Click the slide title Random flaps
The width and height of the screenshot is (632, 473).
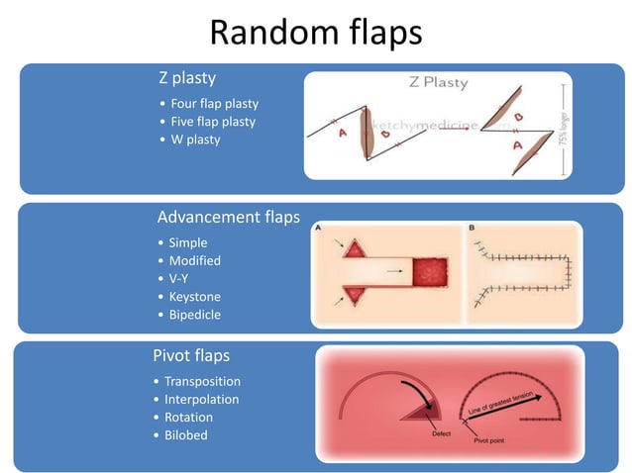tap(316, 32)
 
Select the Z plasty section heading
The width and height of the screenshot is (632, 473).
tap(187, 78)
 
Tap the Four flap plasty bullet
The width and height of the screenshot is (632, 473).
tap(214, 103)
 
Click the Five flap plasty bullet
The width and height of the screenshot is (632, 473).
tap(213, 121)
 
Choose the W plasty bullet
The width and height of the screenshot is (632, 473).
tap(195, 140)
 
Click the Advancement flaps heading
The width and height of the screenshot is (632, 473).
tap(228, 217)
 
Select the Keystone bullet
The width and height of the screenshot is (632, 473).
tap(194, 296)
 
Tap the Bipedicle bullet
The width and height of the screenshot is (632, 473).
tap(195, 315)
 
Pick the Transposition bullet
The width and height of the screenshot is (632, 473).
tap(202, 381)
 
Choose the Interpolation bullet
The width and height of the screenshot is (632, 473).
tap(201, 399)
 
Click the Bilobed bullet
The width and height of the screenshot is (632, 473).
tap(186, 435)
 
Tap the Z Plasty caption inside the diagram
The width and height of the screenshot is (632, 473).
tap(438, 83)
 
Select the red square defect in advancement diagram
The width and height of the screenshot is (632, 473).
tap(430, 269)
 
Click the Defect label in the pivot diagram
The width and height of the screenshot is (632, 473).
tap(445, 433)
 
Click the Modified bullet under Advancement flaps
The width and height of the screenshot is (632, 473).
tap(194, 260)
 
